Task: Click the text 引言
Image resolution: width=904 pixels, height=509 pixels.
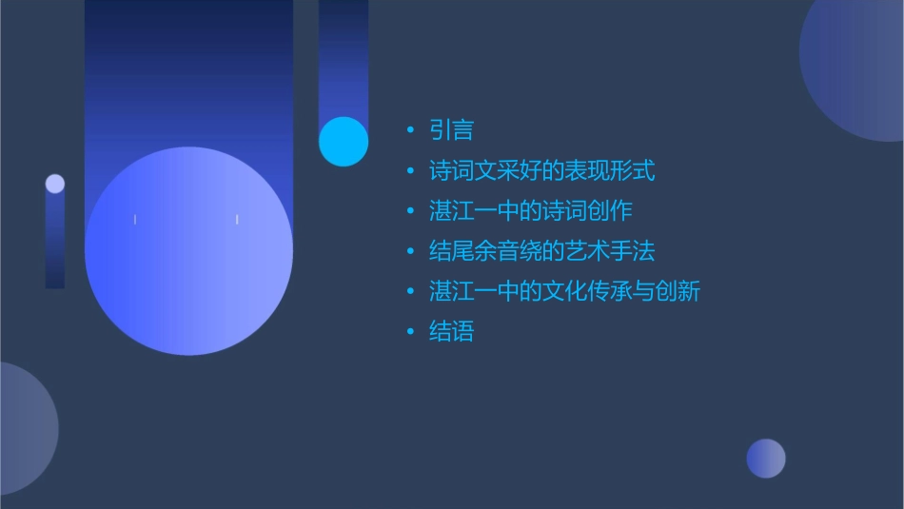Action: coord(451,130)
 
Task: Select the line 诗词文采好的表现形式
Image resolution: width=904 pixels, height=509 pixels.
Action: coord(541,171)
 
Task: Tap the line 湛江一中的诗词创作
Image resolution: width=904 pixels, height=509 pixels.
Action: coord(530,211)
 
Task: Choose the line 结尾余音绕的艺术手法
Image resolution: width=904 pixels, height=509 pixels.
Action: coord(541,251)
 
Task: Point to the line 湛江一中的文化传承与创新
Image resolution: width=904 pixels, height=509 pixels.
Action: coord(564,291)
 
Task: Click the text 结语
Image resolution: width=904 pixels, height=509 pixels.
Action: coord(451,331)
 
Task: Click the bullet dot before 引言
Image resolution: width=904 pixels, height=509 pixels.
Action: coord(410,130)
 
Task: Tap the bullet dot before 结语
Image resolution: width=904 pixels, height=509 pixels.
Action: coord(410,331)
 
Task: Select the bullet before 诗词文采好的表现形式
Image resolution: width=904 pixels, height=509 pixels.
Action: coord(410,171)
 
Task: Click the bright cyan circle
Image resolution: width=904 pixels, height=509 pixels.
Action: coord(344,142)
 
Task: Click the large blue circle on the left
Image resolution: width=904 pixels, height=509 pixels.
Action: coord(188,251)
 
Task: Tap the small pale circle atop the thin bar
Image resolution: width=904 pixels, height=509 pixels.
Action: coord(55,184)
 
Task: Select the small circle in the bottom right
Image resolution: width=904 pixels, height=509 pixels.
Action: coord(766,459)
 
